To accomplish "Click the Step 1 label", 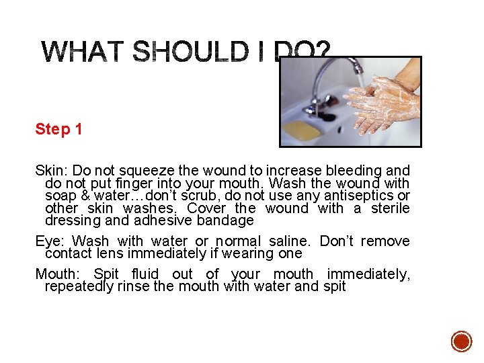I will coord(58,129).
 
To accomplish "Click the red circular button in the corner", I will coord(461,341).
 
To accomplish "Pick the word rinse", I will coord(132,286).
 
